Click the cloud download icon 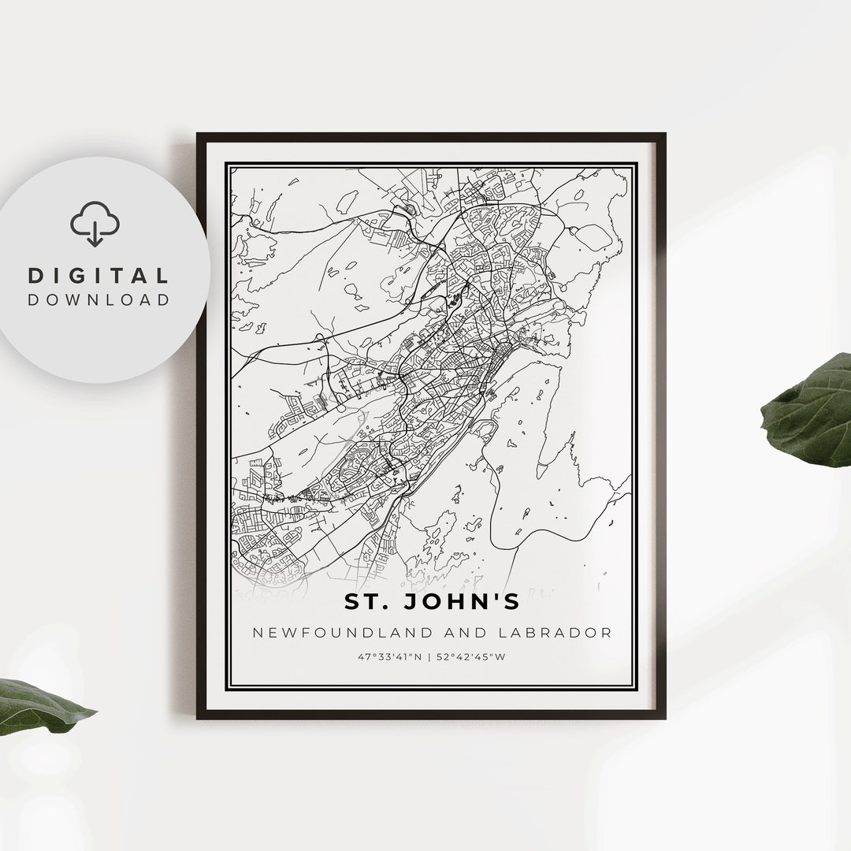pyautogui.click(x=95, y=222)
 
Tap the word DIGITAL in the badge pyautogui.click(x=98, y=276)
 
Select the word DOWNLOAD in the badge pyautogui.click(x=98, y=299)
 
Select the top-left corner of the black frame pyautogui.click(x=199, y=135)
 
